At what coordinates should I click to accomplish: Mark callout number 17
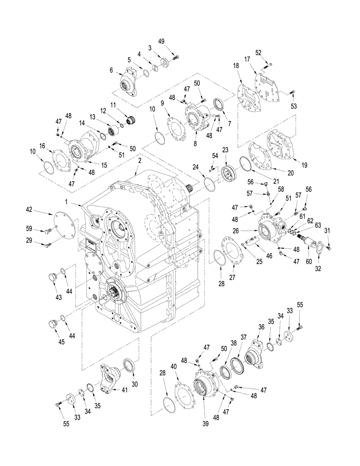tap(247, 59)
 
